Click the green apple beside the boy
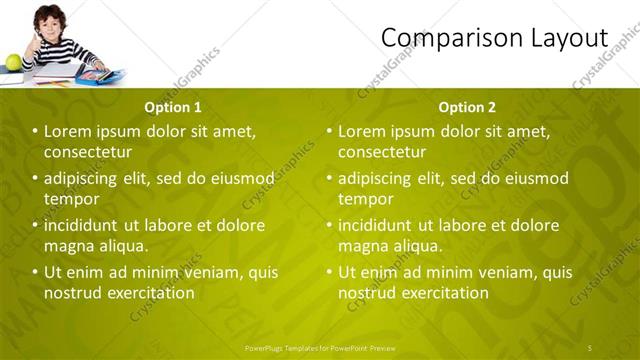pos(13,63)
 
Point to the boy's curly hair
pos(47,14)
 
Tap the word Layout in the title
pos(567,38)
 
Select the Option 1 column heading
pos(173,107)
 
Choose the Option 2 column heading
pos(467,107)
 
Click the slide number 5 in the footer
pos(590,347)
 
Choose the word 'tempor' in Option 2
pos(365,199)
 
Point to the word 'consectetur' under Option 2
pos(382,152)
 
